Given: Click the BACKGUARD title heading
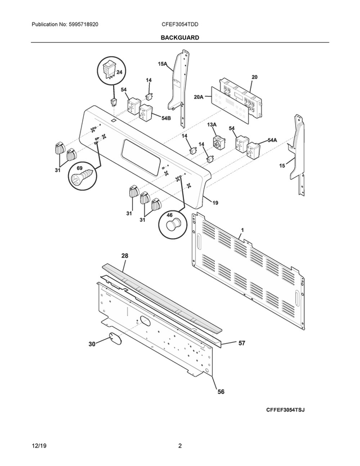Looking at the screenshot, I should click(x=179, y=37).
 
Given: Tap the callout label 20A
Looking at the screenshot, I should click(x=199, y=97).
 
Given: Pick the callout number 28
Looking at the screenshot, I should click(x=124, y=256).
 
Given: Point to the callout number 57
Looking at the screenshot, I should click(x=242, y=342).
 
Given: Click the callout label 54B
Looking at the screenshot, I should click(x=166, y=118).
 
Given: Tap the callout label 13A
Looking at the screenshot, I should click(x=212, y=124).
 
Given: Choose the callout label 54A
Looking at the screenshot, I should click(x=272, y=140).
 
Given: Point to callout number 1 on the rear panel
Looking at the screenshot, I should click(x=242, y=230).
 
